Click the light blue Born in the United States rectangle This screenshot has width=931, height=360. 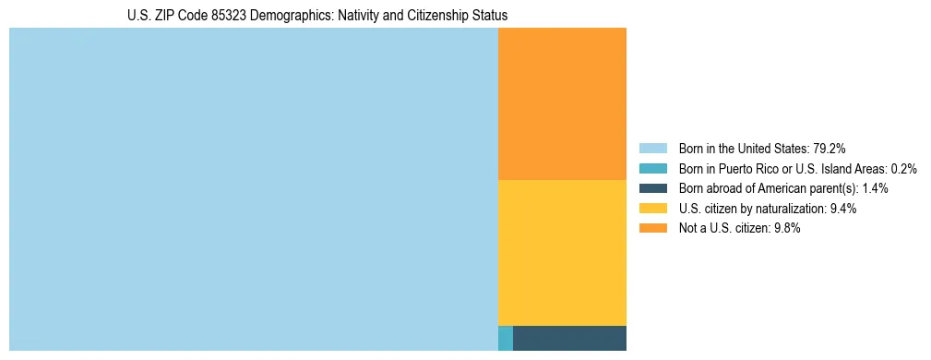[253, 189]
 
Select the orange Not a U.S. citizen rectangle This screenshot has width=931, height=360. [562, 103]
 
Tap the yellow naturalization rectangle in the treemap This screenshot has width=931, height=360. [562, 252]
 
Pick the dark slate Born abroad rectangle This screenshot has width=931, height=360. [569, 338]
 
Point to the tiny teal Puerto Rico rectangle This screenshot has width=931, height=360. [505, 338]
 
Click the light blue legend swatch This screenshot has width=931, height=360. [653, 148]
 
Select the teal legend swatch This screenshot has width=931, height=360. [653, 168]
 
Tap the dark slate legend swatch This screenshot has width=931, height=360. [653, 188]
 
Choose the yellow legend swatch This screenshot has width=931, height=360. [653, 209]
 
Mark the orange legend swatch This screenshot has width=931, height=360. [653, 229]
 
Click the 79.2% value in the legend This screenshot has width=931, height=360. [830, 148]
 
